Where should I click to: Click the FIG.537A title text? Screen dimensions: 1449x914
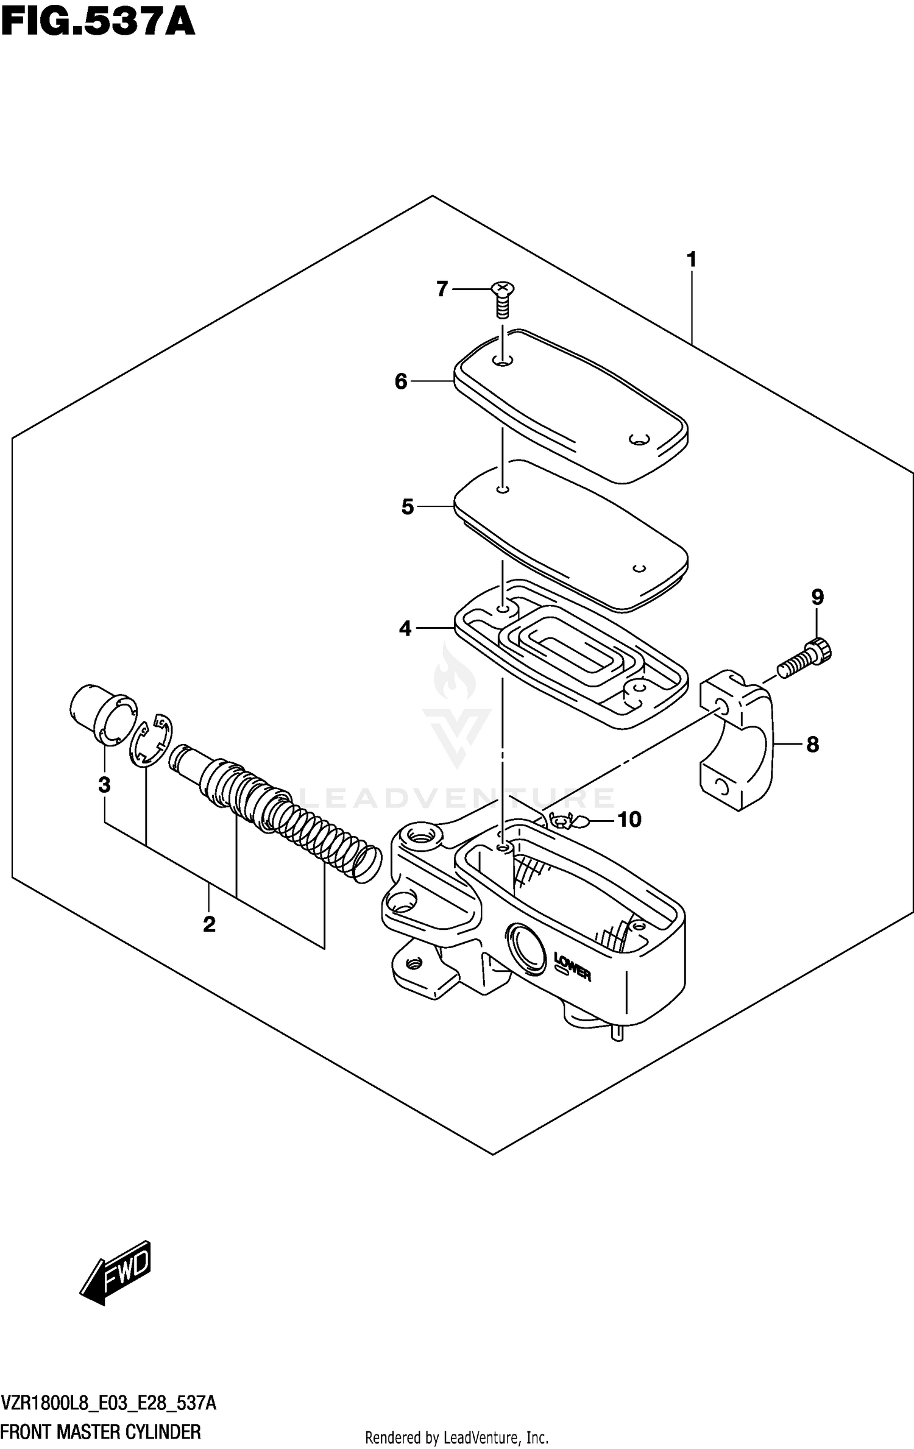click(x=97, y=23)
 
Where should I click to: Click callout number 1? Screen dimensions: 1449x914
click(x=691, y=260)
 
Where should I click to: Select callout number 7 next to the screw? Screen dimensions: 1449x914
click(x=442, y=289)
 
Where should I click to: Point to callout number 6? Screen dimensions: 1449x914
click(x=401, y=381)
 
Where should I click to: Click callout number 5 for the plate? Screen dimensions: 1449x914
click(x=408, y=506)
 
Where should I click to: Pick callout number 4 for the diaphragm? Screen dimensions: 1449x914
click(x=406, y=628)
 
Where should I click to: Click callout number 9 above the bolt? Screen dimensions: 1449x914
click(x=817, y=597)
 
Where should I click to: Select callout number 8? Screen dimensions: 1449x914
click(x=813, y=744)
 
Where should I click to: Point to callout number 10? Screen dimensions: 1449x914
click(x=629, y=820)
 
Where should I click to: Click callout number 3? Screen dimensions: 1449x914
click(x=104, y=785)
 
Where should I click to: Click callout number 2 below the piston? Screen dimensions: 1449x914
click(x=209, y=924)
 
